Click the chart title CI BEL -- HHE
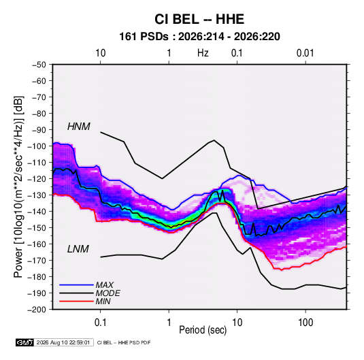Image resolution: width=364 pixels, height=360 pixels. (199, 19)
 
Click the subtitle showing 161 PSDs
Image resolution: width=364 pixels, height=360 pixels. (199, 37)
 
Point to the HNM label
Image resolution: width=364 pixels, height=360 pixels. (79, 127)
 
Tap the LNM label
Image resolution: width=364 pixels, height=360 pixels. (78, 249)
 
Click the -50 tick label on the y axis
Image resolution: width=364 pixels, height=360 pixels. (39, 65)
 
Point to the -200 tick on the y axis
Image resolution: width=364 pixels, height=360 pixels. (37, 310)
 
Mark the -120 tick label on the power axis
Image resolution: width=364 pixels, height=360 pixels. (37, 179)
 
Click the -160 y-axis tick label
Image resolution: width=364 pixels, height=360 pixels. (37, 244)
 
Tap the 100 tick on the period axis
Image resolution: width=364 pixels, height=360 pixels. (305, 323)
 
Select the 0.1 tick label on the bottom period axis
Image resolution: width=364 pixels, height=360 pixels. (100, 323)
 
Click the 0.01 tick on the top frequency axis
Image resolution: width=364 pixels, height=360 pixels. (305, 53)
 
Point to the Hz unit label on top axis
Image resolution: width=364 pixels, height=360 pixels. (203, 53)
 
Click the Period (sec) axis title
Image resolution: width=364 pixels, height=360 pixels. (203, 330)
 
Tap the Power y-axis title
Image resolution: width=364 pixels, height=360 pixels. (18, 186)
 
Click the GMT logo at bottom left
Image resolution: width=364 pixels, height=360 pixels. (24, 342)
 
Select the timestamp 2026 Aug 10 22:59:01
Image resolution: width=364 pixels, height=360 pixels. (63, 342)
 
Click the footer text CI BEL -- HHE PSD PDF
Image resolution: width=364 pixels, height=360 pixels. (124, 342)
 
